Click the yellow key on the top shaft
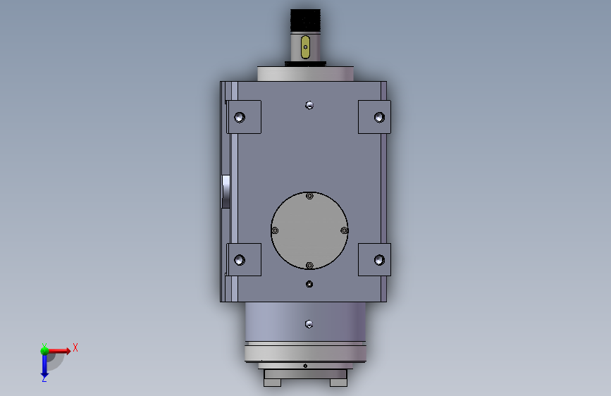pyautogui.click(x=306, y=47)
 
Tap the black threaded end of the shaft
pyautogui.click(x=306, y=20)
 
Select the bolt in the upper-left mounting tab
pyautogui.click(x=240, y=117)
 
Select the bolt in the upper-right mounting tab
pyautogui.click(x=380, y=117)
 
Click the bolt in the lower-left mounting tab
pyautogui.click(x=240, y=260)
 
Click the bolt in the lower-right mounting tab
pyautogui.click(x=380, y=260)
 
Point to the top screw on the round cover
pyautogui.click(x=309, y=196)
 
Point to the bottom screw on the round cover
pyautogui.click(x=309, y=266)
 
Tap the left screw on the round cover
pyautogui.click(x=275, y=230)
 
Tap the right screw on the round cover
pyautogui.click(x=344, y=230)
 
